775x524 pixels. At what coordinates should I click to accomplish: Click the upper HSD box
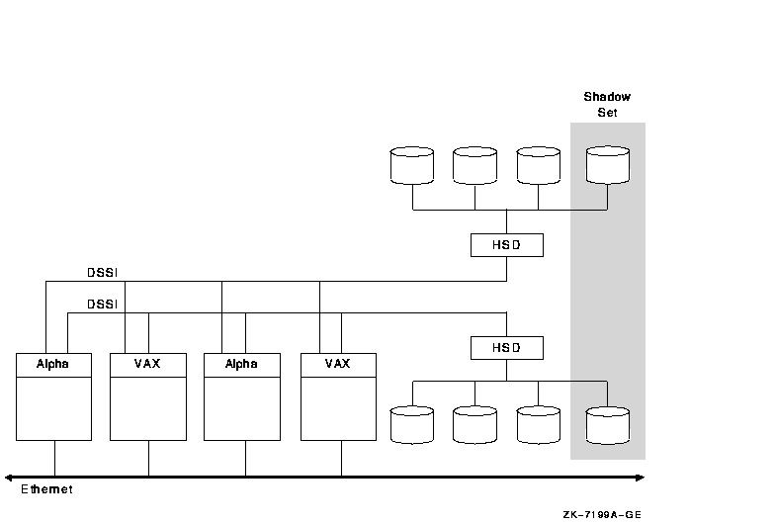coord(506,244)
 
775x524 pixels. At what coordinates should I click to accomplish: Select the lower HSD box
coord(506,347)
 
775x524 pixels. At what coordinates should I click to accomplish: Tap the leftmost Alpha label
coord(53,364)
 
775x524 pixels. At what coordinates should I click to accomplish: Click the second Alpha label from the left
coord(241,364)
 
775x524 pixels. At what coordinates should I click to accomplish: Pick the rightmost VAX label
coord(338,364)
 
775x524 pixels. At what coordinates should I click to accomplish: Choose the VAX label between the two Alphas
coord(147,364)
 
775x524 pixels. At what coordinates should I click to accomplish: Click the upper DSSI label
coord(102,273)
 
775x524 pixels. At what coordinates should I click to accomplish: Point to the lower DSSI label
coord(102,305)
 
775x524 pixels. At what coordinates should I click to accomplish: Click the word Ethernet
coord(46,489)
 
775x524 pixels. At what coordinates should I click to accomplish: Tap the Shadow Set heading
coord(607,105)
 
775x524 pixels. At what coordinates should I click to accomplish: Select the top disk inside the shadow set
coord(607,165)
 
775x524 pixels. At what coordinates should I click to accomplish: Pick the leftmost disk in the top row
coord(412,165)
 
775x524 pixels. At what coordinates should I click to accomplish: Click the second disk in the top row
coord(474,165)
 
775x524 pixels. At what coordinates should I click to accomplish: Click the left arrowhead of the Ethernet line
coord(9,478)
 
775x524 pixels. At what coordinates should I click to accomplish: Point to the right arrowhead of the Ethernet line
coord(641,478)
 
